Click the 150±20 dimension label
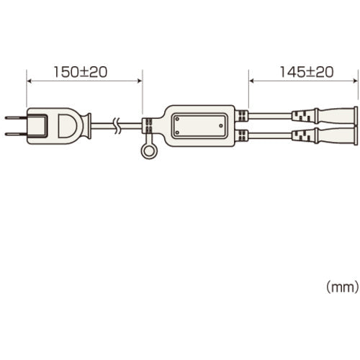coord(81,72)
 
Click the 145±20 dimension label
coord(307,72)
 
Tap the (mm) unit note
coord(343,287)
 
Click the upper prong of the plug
coord(16,118)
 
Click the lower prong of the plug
coord(16,134)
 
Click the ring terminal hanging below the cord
coord(149,152)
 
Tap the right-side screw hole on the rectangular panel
coord(221,125)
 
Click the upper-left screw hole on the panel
coord(177,119)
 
